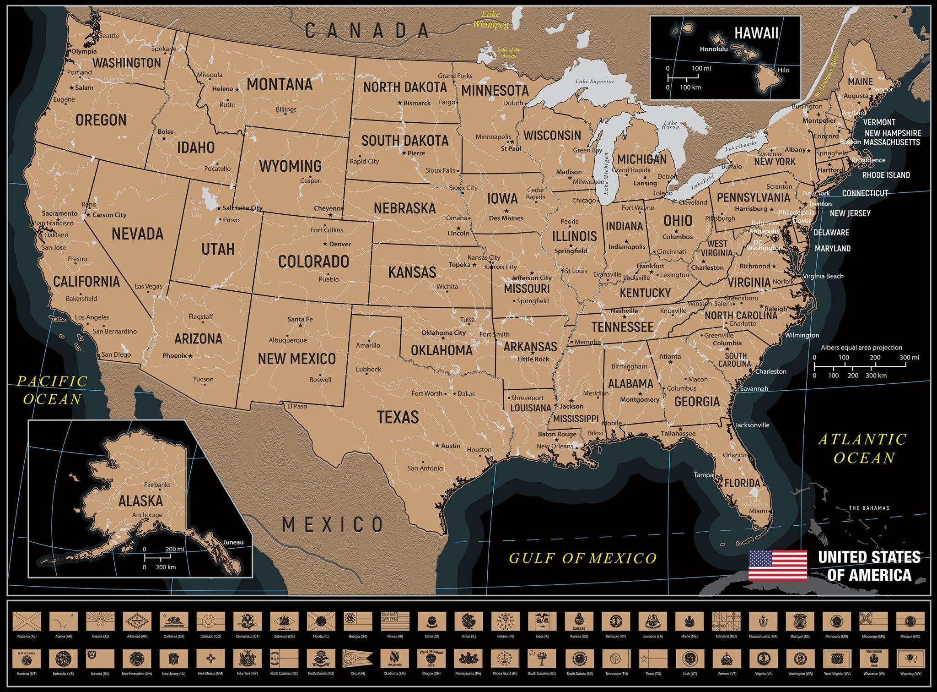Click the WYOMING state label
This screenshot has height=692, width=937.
pyautogui.click(x=290, y=166)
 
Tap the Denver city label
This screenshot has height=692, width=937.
pyautogui.click(x=340, y=244)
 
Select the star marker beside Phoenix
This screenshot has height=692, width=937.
pyautogui.click(x=190, y=355)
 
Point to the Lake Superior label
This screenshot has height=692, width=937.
pyautogui.click(x=595, y=82)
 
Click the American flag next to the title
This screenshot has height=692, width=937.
pyautogui.click(x=777, y=565)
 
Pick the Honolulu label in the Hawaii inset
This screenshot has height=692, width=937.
pyautogui.click(x=713, y=49)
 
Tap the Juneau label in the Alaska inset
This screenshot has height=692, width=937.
pyautogui.click(x=233, y=542)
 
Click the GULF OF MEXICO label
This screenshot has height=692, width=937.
pyautogui.click(x=582, y=558)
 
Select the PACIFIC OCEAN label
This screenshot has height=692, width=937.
pyautogui.click(x=52, y=390)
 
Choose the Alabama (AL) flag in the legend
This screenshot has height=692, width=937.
pyautogui.click(x=27, y=622)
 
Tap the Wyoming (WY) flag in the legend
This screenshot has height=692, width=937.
pyautogui.click(x=910, y=659)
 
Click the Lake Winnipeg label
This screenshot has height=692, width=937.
pyautogui.click(x=490, y=19)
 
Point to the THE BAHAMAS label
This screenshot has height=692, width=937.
pyautogui.click(x=869, y=508)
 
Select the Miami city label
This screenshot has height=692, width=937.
pyautogui.click(x=758, y=511)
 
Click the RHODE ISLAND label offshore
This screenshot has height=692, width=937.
pyautogui.click(x=886, y=175)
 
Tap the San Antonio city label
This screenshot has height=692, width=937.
pyautogui.click(x=425, y=468)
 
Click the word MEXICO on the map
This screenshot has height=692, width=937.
pyautogui.click(x=333, y=524)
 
